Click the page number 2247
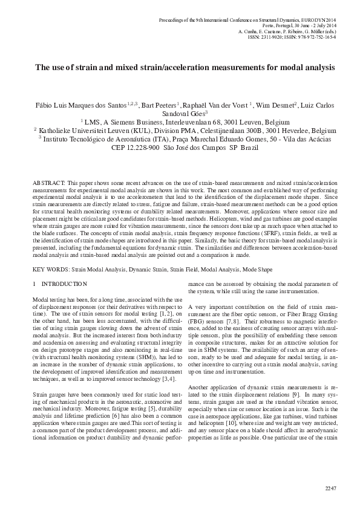330,488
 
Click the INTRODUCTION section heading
66,284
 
